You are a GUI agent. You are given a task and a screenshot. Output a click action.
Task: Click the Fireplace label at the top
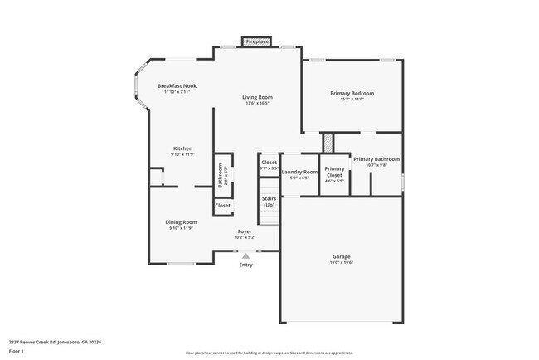[257, 41]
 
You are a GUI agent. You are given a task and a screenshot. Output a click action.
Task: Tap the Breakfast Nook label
[177, 85]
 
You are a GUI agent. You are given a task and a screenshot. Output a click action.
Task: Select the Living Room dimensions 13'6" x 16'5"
[257, 104]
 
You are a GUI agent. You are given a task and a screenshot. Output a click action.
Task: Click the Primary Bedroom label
[348, 94]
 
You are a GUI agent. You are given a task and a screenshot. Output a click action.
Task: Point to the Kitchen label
[182, 148]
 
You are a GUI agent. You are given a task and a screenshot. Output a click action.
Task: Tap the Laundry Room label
[299, 172]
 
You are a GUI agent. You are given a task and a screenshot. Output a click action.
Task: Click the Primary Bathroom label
[376, 158]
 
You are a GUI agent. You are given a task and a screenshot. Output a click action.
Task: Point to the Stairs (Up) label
[269, 202]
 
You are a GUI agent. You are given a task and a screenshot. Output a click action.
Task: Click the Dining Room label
[181, 222]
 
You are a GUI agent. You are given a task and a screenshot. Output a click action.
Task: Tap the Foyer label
[245, 231]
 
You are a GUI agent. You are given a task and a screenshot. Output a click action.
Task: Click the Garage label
[342, 256]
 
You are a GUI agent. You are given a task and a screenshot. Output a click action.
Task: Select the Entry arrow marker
[245, 256]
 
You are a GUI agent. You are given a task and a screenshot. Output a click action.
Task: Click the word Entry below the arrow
[245, 265]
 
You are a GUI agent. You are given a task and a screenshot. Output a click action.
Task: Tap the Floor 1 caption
[17, 352]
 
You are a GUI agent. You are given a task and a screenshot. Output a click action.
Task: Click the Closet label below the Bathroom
[223, 205]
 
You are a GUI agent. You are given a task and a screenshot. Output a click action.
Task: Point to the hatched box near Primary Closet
[328, 142]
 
